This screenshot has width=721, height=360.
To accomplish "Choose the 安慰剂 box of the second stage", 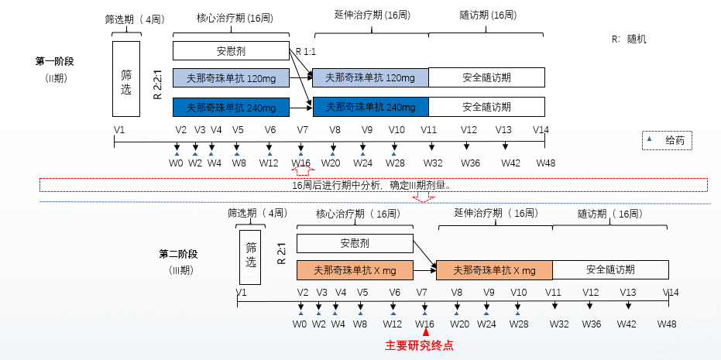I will [355, 243].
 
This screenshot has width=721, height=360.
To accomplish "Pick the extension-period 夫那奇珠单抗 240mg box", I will [369, 107].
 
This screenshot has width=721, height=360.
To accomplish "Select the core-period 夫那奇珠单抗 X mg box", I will [355, 270].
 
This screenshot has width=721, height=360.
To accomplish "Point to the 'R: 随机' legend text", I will [630, 39].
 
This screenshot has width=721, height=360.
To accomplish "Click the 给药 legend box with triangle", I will [667, 140].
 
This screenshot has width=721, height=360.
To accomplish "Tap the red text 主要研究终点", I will [419, 346].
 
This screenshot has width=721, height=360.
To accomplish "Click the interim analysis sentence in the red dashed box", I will [371, 185].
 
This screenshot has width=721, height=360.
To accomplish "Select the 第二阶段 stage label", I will [179, 253].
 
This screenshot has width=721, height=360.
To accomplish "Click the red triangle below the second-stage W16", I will [424, 332].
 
